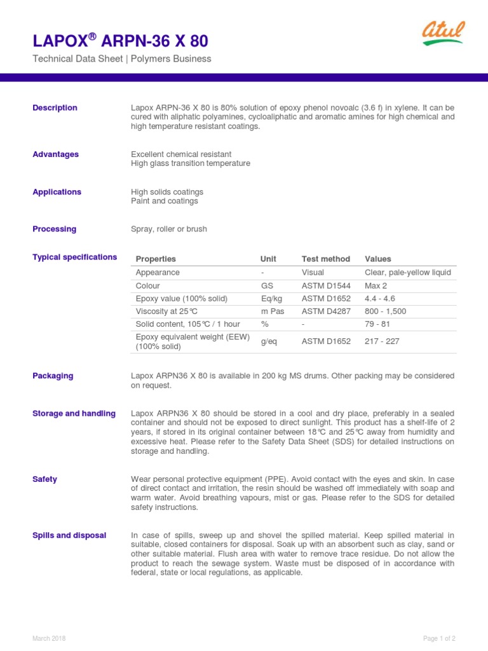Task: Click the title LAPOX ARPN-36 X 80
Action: click(120, 42)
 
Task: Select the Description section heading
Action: click(55, 108)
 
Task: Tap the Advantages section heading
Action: click(56, 154)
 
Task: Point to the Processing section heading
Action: click(54, 229)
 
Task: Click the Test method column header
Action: click(325, 259)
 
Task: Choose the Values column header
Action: click(378, 259)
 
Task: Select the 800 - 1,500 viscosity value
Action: click(385, 312)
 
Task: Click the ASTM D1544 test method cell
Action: click(326, 286)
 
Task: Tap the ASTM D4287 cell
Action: click(326, 312)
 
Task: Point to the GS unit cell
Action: click(266, 286)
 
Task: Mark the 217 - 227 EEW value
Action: click(382, 341)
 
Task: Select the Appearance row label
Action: click(158, 273)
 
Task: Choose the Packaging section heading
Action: click(53, 376)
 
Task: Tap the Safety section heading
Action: click(44, 479)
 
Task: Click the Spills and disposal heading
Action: click(69, 535)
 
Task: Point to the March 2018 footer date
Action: click(49, 638)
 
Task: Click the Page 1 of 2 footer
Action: click(439, 638)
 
